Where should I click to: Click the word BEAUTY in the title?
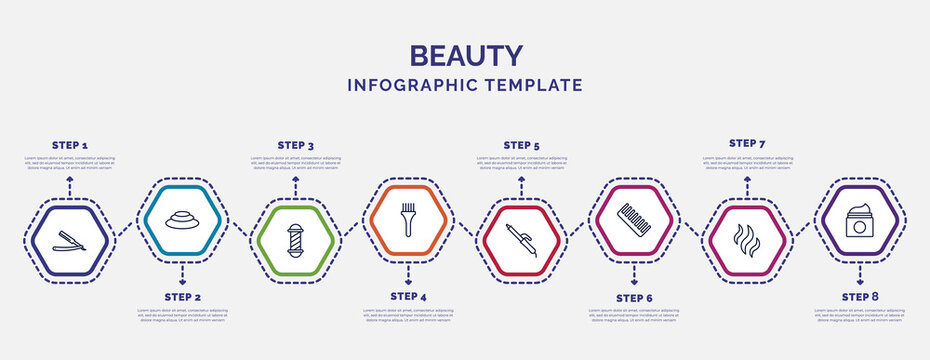pos(465,55)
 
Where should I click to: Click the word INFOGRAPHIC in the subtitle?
pos(411,86)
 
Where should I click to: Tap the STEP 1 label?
pos(69,145)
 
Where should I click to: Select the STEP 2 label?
pos(183,297)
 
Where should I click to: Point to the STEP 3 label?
pos(295,145)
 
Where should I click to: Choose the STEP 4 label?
pos(408,297)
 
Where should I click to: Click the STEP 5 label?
pos(521,145)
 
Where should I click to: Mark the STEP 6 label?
pos(634,297)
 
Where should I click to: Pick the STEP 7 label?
pos(747,143)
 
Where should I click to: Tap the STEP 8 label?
pos(860,297)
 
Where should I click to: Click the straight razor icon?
pos(69,239)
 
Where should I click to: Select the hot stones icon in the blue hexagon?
pos(182,218)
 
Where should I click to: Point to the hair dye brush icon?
pos(408,218)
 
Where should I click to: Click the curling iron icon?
pos(521,240)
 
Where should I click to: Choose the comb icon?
pos(634,219)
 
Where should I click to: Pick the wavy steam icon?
pos(747,242)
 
